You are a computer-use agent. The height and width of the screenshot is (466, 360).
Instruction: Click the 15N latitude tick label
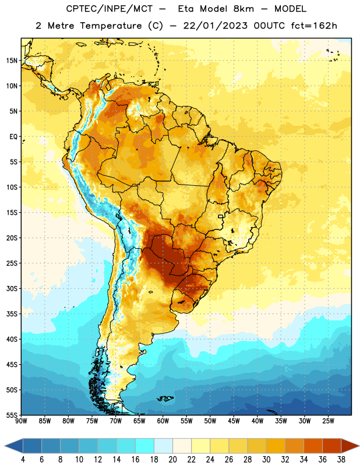12,61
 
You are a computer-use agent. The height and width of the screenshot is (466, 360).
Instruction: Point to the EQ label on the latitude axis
13,137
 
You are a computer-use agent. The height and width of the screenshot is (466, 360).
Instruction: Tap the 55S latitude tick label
12,415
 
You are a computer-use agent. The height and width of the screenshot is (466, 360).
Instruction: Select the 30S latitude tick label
12,288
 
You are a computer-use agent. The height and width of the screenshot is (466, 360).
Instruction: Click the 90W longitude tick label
21,421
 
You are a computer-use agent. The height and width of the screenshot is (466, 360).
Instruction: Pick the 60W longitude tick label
163,421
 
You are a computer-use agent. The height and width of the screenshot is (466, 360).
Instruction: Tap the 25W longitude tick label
328,421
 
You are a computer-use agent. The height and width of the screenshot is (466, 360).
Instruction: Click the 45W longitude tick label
234,421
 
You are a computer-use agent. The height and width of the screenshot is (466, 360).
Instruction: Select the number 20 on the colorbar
172,460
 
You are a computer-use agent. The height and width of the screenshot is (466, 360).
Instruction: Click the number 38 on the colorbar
341,460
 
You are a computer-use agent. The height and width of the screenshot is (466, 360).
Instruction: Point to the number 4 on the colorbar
23,460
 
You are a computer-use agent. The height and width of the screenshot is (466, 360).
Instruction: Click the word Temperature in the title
111,26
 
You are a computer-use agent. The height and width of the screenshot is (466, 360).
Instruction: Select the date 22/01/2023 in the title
215,26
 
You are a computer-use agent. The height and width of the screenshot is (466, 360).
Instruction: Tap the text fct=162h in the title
314,26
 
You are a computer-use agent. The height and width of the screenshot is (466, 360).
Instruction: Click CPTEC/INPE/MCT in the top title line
110,9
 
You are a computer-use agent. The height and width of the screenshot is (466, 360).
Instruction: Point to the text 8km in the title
243,9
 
